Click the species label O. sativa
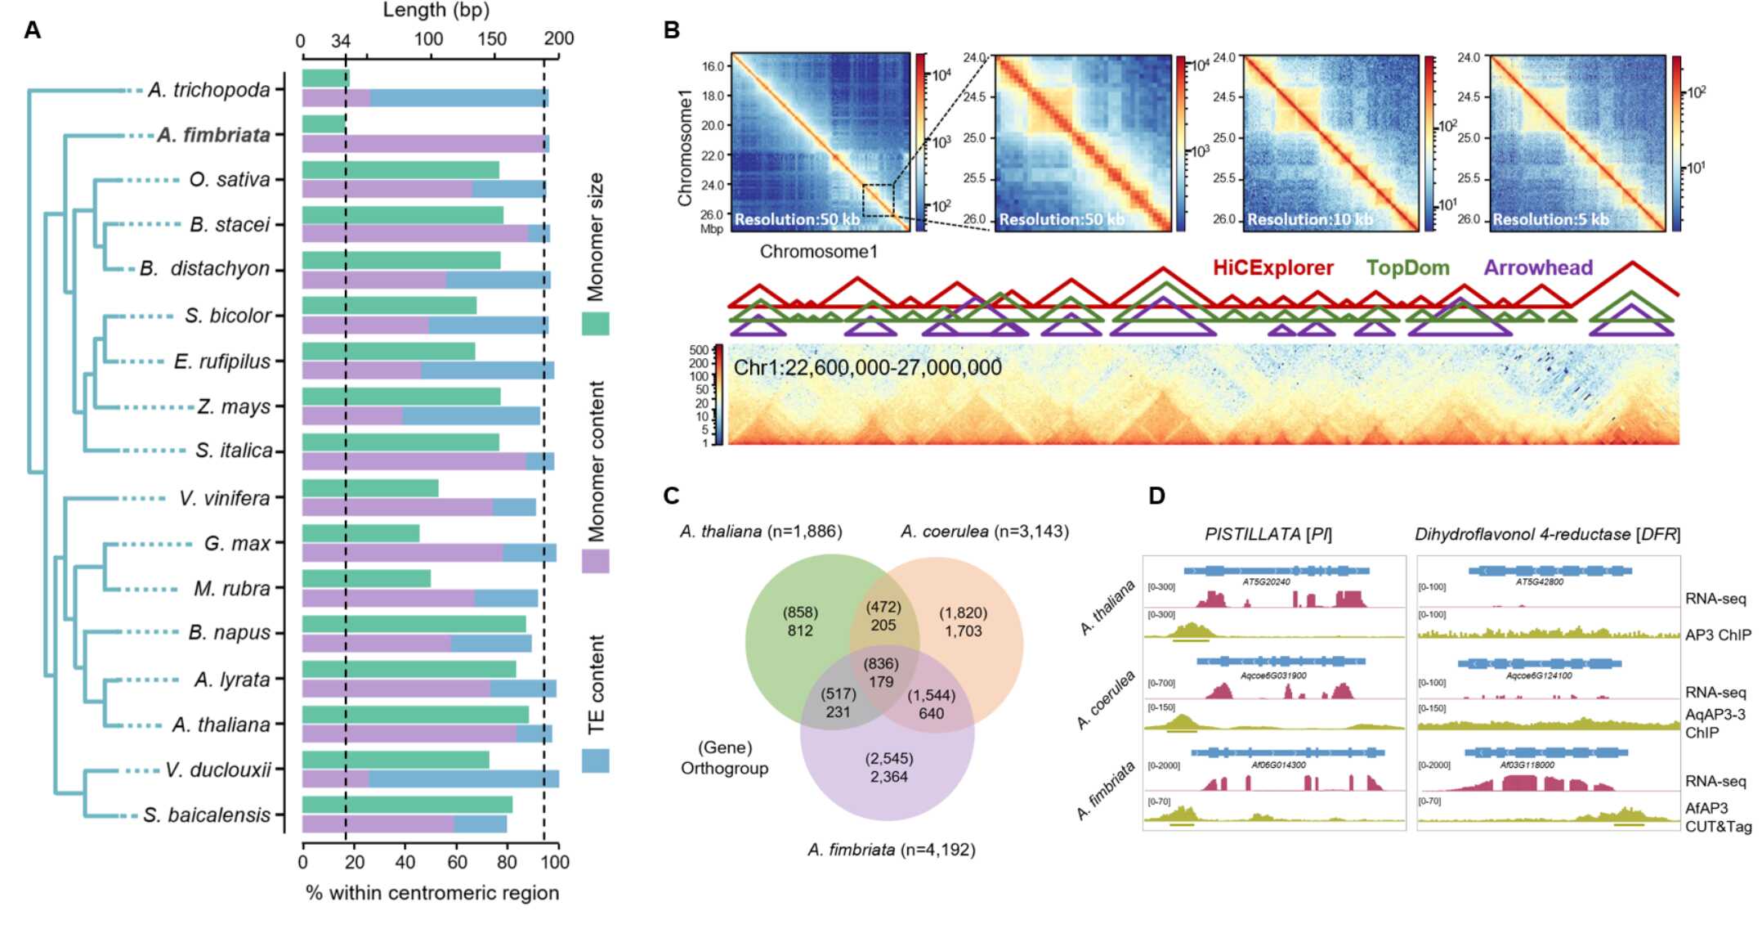point(230,180)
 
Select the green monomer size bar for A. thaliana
point(415,715)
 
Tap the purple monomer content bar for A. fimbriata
point(423,144)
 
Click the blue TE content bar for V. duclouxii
point(463,779)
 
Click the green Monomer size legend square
point(595,323)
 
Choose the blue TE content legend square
point(595,761)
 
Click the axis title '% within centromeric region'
point(432,893)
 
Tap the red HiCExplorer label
point(1272,267)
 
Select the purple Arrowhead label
point(1538,267)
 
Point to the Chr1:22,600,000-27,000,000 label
point(867,367)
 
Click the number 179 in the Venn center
point(881,682)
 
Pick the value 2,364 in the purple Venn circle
point(888,777)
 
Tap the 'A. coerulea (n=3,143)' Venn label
point(984,532)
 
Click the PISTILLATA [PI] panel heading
point(1268,535)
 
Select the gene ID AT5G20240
point(1266,582)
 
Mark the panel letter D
point(1156,496)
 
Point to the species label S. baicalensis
point(207,815)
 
